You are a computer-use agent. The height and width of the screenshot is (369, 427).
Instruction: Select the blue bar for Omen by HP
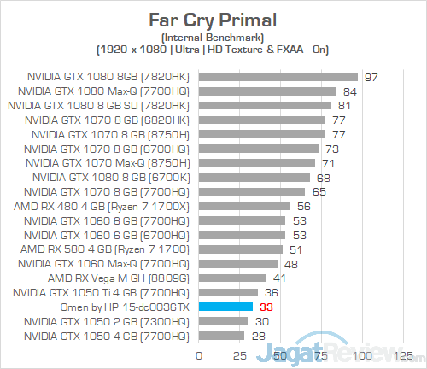[225, 307]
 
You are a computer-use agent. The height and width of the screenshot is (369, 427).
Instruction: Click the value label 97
[371, 77]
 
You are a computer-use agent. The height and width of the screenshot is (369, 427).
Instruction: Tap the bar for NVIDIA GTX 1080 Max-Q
[267, 91]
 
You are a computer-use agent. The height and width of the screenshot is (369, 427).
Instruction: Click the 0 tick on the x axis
[199, 354]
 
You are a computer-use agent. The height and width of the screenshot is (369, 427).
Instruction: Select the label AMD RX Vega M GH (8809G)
[120, 278]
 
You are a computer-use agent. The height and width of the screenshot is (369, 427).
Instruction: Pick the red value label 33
[266, 307]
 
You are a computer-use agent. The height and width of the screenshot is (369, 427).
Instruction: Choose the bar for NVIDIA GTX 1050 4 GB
[221, 336]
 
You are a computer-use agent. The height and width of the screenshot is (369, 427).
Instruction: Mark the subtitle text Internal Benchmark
[213, 37]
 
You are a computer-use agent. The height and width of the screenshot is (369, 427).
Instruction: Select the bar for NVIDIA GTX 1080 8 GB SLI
[265, 106]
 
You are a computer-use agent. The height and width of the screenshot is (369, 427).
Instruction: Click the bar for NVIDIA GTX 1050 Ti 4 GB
[228, 292]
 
